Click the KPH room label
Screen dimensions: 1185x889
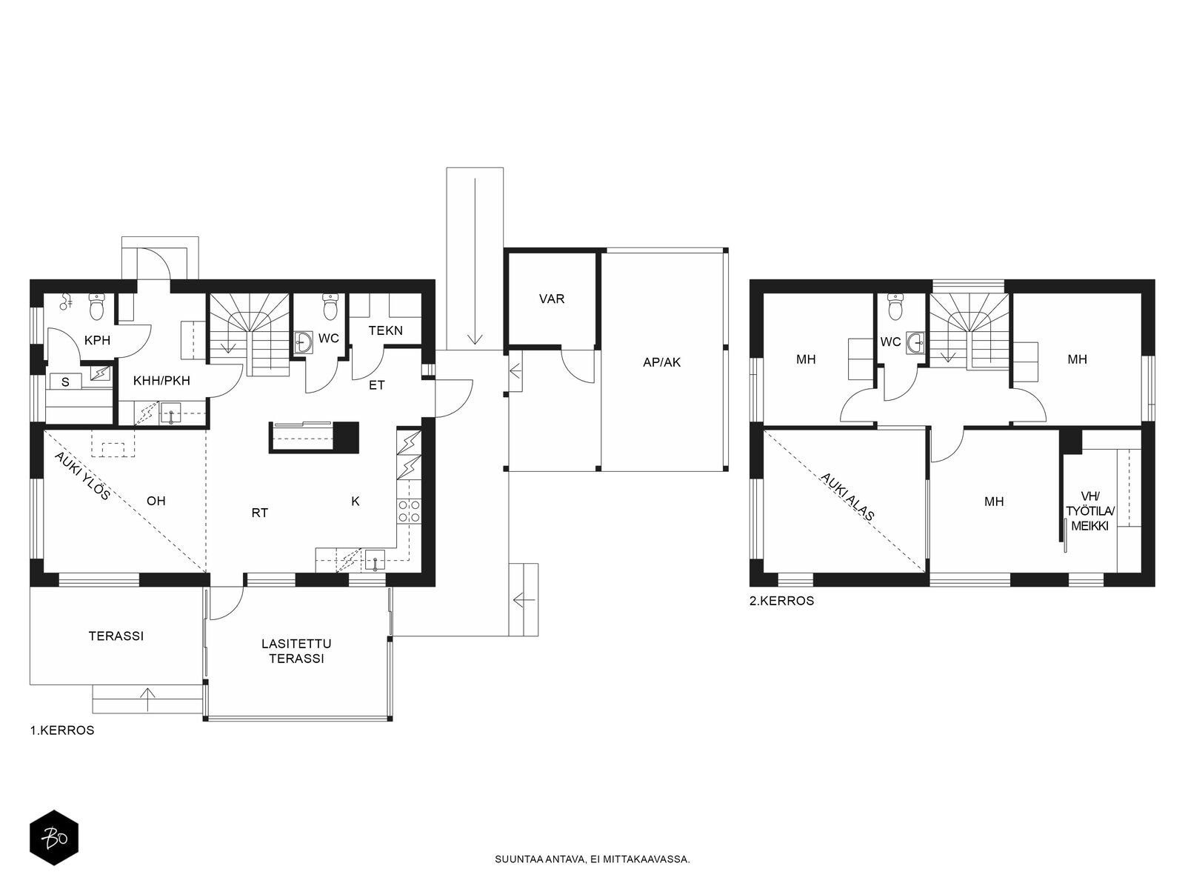pyautogui.click(x=97, y=340)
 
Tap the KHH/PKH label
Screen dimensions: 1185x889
pyautogui.click(x=161, y=381)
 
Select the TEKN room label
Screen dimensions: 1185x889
pyautogui.click(x=385, y=330)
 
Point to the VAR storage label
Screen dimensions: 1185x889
pyautogui.click(x=551, y=299)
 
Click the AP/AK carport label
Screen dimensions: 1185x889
pyautogui.click(x=661, y=362)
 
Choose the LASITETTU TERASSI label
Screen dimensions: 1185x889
pyautogui.click(x=296, y=651)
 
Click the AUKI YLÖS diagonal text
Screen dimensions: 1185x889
pyautogui.click(x=82, y=476)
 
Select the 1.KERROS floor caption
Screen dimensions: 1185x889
pyautogui.click(x=62, y=730)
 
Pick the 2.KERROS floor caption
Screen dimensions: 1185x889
pyautogui.click(x=781, y=601)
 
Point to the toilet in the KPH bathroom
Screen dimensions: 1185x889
pyautogui.click(x=97, y=307)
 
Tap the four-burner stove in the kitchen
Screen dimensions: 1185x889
pyautogui.click(x=409, y=511)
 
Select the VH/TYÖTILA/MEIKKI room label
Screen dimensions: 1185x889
pyautogui.click(x=1089, y=511)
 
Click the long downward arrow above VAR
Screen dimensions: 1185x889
pyautogui.click(x=475, y=261)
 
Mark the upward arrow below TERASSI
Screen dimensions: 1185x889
pyautogui.click(x=147, y=699)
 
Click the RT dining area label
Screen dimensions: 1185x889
pyautogui.click(x=260, y=513)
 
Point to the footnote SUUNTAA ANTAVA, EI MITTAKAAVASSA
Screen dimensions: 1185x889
pyautogui.click(x=592, y=859)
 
